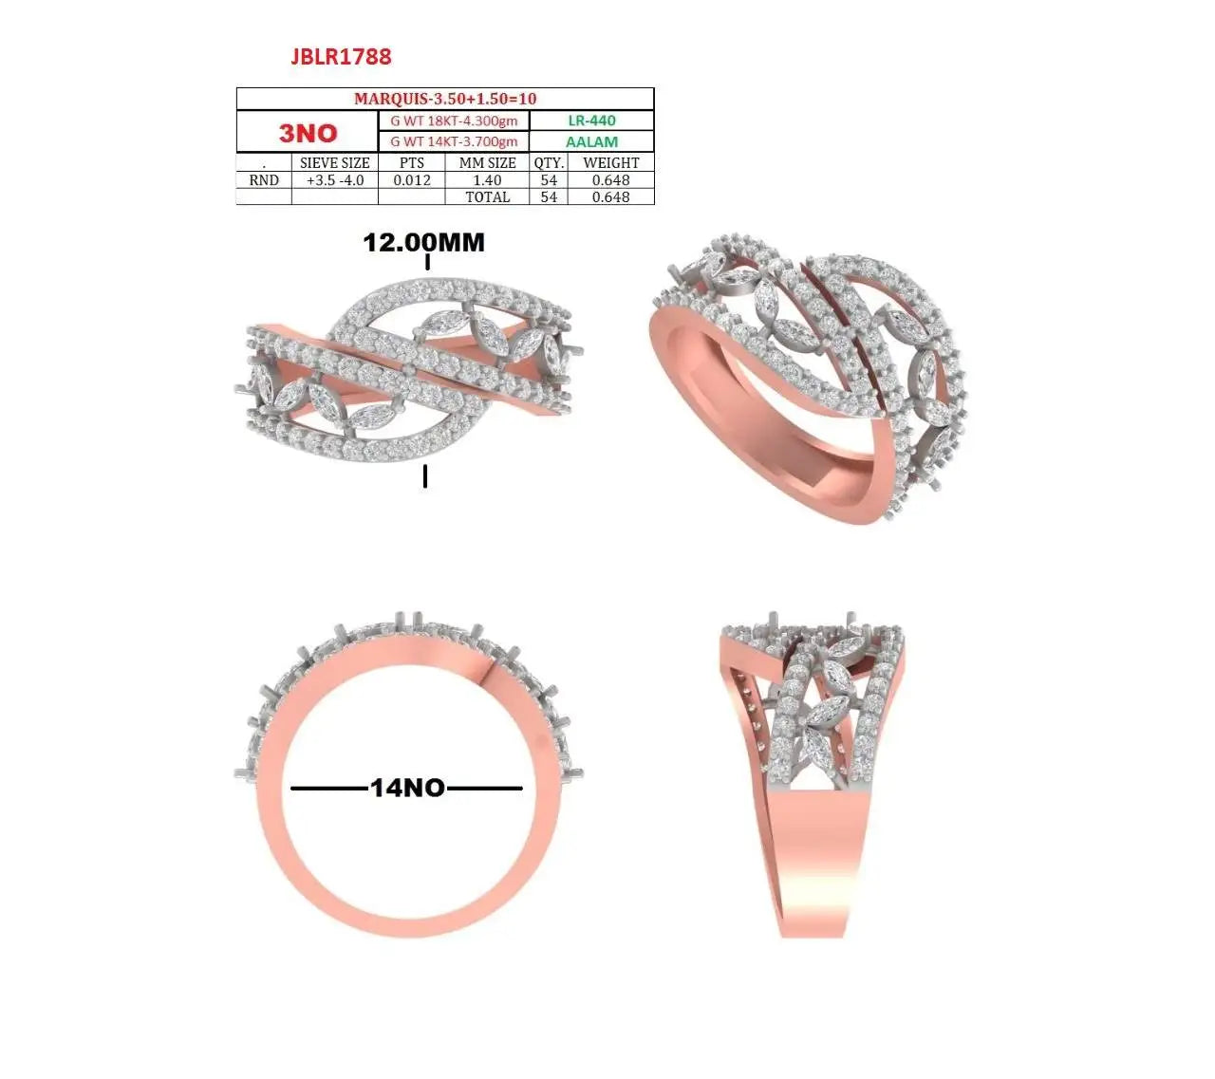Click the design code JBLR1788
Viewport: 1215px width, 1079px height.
(x=341, y=56)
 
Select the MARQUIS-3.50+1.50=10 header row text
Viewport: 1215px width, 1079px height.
(x=444, y=99)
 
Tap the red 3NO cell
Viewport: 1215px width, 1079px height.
(x=308, y=133)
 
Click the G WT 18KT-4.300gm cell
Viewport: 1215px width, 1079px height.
(x=454, y=121)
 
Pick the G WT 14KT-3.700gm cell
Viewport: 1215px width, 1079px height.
(x=454, y=141)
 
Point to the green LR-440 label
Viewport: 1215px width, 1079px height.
(x=591, y=121)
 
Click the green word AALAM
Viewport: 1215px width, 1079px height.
(x=591, y=142)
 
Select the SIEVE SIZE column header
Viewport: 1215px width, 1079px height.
(x=335, y=162)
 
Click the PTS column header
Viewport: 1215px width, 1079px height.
(x=411, y=162)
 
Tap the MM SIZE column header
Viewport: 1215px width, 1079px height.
(x=487, y=162)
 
